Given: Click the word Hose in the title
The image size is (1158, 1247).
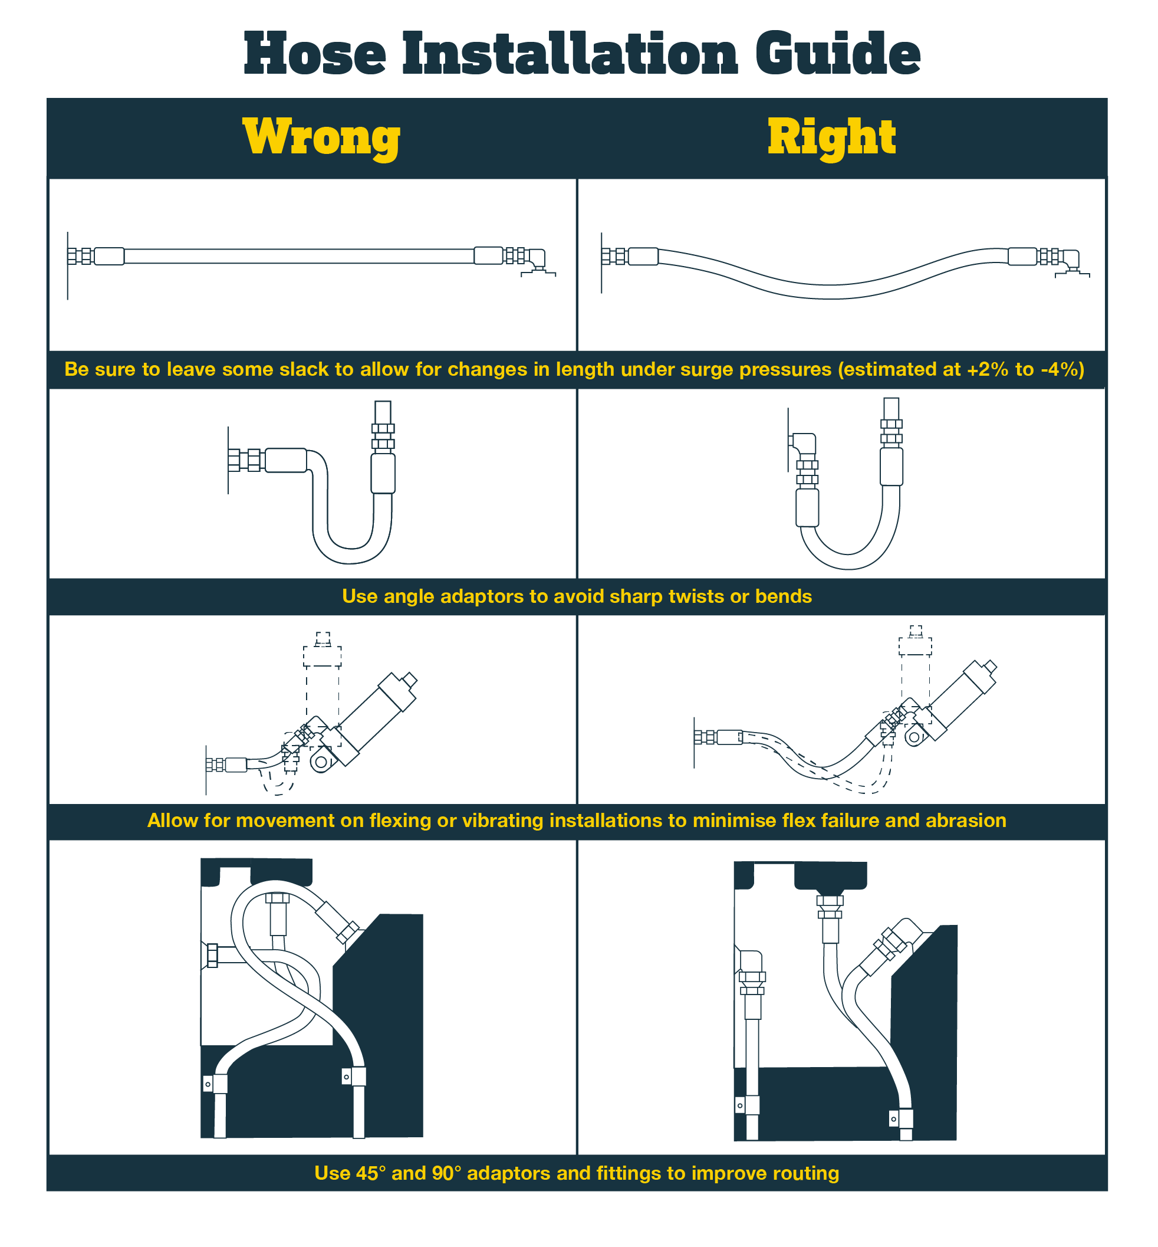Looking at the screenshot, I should pyautogui.click(x=315, y=54).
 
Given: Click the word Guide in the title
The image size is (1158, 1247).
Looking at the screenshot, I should pyautogui.click(x=837, y=54).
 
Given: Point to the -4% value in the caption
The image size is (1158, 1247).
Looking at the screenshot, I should pyautogui.click(x=1059, y=369).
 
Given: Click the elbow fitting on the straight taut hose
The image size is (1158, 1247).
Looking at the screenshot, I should pyautogui.click(x=537, y=258).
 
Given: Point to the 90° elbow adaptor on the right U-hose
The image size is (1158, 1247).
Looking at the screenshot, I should pyautogui.click(x=804, y=444).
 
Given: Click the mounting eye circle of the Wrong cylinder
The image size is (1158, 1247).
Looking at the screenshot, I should pyautogui.click(x=321, y=762).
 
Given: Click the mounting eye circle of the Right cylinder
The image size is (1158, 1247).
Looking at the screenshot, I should pyautogui.click(x=914, y=737).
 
